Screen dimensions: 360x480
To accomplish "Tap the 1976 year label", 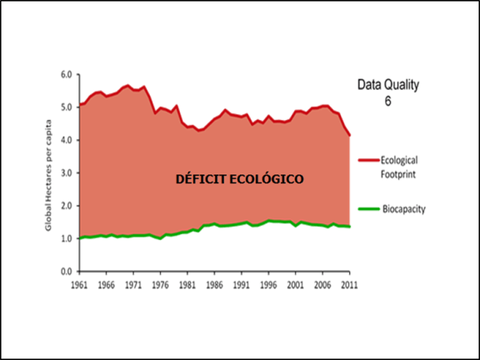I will pyautogui.click(x=159, y=284).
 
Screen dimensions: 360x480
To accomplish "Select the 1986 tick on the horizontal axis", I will pyautogui.click(x=213, y=284).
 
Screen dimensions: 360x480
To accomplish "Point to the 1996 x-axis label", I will pyautogui.click(x=267, y=284).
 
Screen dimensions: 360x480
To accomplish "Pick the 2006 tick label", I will pyautogui.click(x=322, y=284).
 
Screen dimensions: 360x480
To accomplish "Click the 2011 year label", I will pyautogui.click(x=349, y=284).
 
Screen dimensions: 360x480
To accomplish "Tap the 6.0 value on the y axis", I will pyautogui.click(x=65, y=74).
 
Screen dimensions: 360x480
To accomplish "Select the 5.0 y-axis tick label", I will pyautogui.click(x=65, y=107).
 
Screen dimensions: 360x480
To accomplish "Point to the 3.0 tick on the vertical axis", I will pyautogui.click(x=65, y=172).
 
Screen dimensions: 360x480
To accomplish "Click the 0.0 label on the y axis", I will pyautogui.click(x=65, y=272).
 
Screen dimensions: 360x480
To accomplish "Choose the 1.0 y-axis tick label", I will pyautogui.click(x=65, y=238).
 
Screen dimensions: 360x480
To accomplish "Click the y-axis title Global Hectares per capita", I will pyautogui.click(x=52, y=173).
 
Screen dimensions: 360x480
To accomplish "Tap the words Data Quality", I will pyautogui.click(x=387, y=85).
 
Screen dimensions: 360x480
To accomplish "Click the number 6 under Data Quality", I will pyautogui.click(x=387, y=101).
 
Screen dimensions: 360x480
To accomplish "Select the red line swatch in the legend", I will pyautogui.click(x=367, y=158).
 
